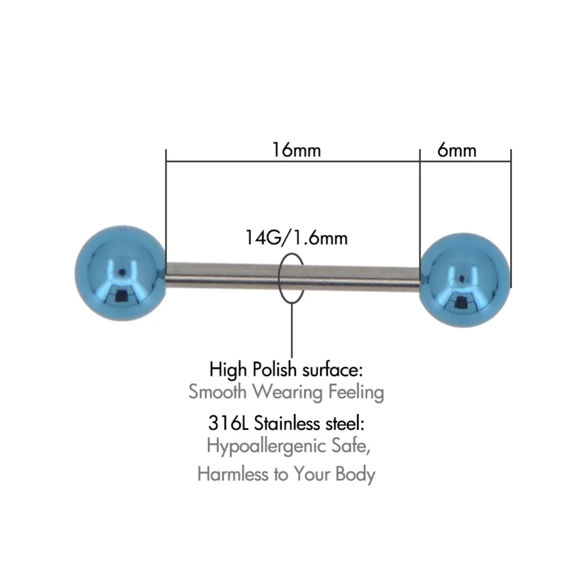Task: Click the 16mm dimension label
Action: coord(296,150)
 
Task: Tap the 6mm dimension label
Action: coord(457,150)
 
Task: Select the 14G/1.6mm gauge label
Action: coord(296,238)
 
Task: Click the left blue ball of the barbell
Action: coord(120,273)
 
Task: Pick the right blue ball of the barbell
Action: coord(465,280)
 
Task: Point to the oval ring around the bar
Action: coord(279,278)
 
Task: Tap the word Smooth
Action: coord(217,392)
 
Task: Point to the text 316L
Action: coord(229,423)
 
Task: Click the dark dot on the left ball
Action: coord(123,271)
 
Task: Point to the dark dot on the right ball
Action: coord(462,279)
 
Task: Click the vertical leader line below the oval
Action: coord(292,331)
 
